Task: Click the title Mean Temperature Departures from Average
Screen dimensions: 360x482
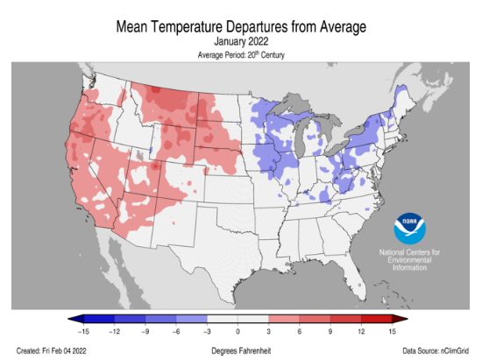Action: (241, 27)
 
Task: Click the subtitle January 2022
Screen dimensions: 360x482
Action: (241, 41)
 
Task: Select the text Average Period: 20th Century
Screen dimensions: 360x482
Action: (241, 55)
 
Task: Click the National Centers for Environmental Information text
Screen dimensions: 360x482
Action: (409, 260)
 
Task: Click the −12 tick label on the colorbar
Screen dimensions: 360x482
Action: (114, 332)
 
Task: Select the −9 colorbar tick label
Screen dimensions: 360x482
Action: (145, 332)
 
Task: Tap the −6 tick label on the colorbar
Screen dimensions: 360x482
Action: (175, 332)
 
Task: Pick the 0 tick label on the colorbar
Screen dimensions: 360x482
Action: (237, 332)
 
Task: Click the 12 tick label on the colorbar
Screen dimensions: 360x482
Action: (361, 332)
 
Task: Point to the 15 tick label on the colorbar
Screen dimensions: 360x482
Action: (392, 332)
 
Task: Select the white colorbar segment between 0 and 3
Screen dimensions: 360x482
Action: (252, 319)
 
